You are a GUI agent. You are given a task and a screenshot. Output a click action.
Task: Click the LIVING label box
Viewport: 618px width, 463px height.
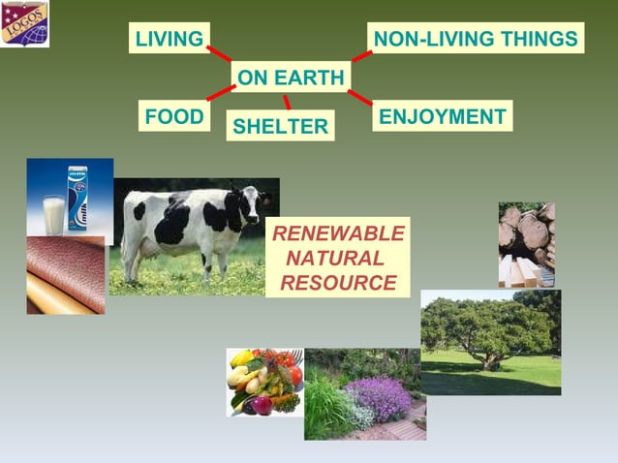click(170, 39)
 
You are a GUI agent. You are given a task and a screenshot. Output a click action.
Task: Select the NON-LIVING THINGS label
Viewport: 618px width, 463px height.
click(476, 39)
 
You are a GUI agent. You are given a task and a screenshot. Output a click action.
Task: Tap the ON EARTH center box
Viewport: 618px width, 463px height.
click(291, 77)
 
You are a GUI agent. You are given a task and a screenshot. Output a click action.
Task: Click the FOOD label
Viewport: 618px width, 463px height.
click(174, 117)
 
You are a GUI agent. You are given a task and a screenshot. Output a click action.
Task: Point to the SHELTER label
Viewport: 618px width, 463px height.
click(280, 126)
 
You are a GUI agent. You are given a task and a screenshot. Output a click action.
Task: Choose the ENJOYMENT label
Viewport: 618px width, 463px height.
click(443, 116)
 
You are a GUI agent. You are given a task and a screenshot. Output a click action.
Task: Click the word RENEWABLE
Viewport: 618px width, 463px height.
click(337, 234)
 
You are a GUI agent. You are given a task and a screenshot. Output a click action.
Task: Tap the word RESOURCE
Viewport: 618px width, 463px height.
click(337, 283)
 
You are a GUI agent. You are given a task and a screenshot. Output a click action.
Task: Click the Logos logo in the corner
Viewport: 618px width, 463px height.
click(25, 24)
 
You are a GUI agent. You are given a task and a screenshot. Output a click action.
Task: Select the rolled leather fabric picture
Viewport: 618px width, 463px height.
click(65, 275)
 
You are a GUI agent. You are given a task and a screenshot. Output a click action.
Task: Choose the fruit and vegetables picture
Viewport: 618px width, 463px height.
click(264, 382)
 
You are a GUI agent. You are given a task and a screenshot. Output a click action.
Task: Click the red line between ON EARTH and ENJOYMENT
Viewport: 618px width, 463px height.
click(359, 98)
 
